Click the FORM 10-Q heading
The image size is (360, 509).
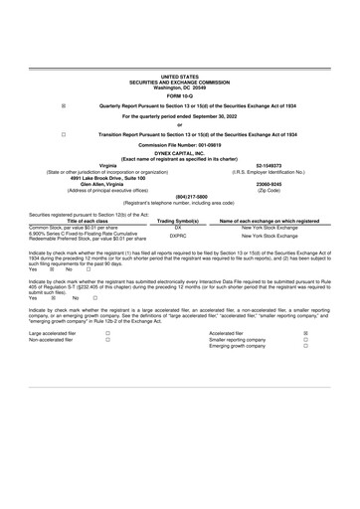[x=179, y=96]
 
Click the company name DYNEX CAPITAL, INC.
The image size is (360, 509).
[x=179, y=152]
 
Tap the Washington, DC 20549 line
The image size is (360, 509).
[x=179, y=85]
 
